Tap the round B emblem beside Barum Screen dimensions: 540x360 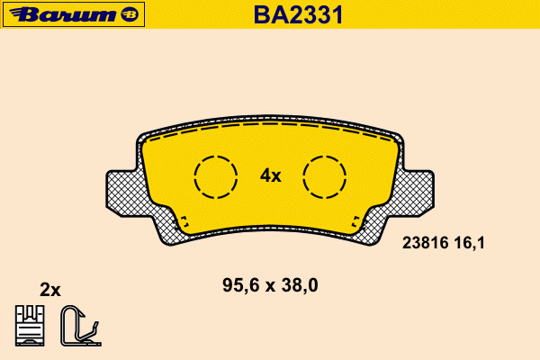click(130, 14)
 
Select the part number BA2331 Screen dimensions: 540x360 click(298, 14)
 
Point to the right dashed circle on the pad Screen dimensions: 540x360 click(303, 177)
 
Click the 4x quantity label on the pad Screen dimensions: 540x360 click(270, 175)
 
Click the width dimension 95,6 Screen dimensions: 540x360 click(241, 285)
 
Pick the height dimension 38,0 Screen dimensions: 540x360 click(300, 285)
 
